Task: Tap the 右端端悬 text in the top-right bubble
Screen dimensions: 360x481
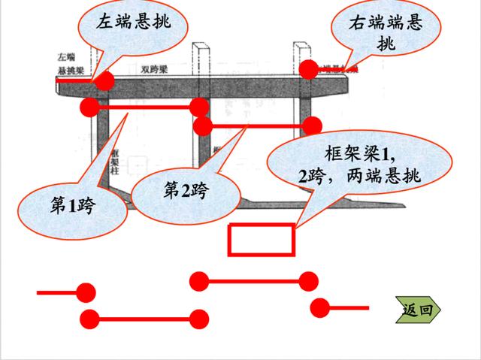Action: pos(385,23)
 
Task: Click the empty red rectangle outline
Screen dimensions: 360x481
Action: pos(261,240)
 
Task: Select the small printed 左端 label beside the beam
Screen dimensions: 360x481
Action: pos(66,57)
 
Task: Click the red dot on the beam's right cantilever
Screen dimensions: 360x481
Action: pos(309,69)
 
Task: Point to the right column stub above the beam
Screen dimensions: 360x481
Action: pos(298,54)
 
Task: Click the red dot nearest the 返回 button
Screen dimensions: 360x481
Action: pos(320,307)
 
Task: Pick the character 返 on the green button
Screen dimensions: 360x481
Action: pos(411,309)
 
